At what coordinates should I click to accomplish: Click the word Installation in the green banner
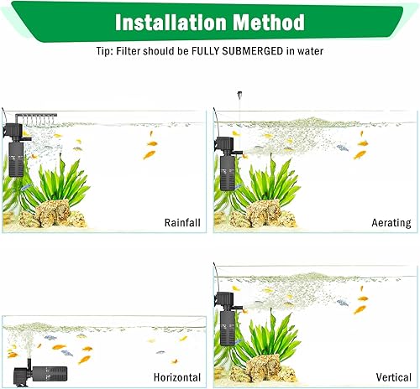point(168,22)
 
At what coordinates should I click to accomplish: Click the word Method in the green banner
point(268,22)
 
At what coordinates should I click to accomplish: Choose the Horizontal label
point(176,377)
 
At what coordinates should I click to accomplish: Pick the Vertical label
point(394,377)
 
